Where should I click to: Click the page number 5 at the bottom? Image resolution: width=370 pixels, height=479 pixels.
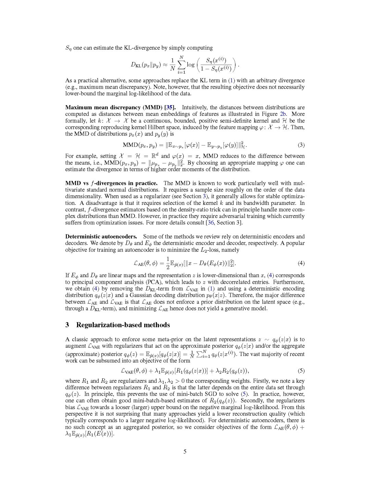(x=185, y=451)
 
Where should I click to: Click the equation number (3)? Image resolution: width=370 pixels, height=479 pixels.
(x=301, y=145)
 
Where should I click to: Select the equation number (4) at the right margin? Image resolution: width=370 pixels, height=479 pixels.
(x=301, y=263)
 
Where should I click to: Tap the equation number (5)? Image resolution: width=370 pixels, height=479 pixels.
(x=301, y=370)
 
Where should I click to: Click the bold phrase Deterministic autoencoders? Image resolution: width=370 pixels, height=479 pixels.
(x=101, y=236)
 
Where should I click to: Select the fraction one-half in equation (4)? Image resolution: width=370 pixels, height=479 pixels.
(x=168, y=263)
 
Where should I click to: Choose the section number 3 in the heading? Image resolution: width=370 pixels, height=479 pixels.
(x=67, y=325)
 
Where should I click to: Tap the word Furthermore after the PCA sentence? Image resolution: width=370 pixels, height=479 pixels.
(x=288, y=282)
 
